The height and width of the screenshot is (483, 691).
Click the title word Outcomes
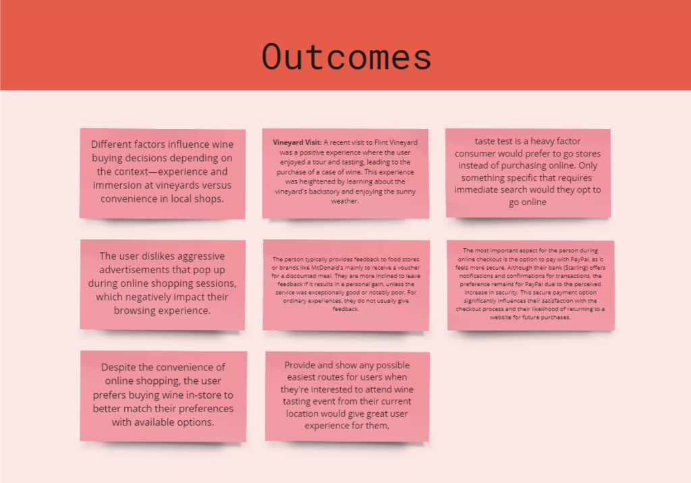pos(346,57)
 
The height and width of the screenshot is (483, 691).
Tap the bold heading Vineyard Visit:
pos(297,142)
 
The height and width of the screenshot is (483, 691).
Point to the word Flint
pos(381,142)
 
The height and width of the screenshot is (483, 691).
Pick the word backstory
pos(324,192)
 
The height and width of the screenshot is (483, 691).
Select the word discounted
pos(302,276)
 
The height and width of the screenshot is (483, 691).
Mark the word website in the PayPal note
pos(501,317)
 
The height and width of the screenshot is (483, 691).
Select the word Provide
pos(300,365)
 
